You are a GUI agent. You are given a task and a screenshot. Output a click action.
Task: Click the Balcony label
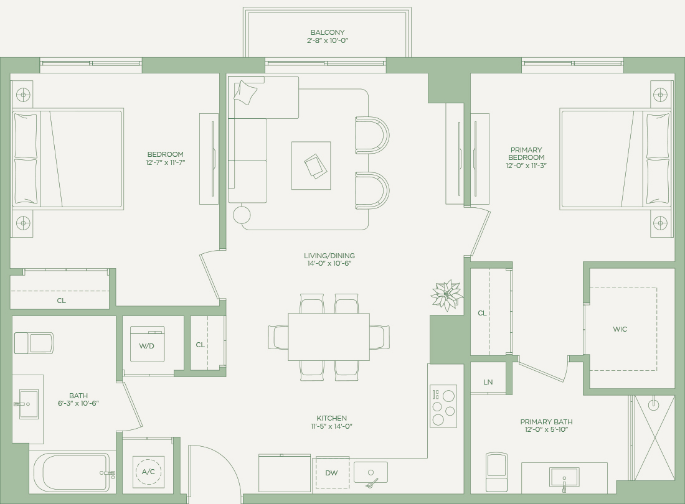coord(327,32)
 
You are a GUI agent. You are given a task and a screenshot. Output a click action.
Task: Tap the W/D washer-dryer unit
coord(147,344)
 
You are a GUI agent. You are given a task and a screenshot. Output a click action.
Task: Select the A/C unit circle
coord(148,471)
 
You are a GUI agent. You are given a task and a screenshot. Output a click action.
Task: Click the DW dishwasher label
coord(331,473)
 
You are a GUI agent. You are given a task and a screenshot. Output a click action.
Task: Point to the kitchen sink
coord(371,473)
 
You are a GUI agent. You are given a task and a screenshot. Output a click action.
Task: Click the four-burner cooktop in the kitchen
coord(443,406)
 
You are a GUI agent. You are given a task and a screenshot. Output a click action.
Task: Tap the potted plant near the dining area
coord(446,295)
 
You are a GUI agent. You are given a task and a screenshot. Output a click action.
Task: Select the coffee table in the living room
coord(311,166)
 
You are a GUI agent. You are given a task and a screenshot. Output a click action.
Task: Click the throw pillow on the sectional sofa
coord(245,92)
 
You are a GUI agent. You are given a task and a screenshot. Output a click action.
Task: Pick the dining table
coord(329,337)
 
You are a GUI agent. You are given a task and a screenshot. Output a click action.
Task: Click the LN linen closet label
coord(488,382)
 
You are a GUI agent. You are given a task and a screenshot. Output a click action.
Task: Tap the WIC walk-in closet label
coord(620,329)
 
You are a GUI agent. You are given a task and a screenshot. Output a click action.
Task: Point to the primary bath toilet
coord(497,472)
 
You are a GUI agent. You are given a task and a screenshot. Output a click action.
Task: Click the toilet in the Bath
coord(34,343)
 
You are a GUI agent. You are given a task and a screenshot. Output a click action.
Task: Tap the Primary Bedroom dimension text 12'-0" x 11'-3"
coord(526,166)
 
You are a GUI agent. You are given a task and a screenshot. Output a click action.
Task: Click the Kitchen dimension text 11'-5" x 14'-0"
coord(331,426)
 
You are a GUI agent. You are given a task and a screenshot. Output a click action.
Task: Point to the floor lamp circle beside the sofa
coord(242,215)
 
